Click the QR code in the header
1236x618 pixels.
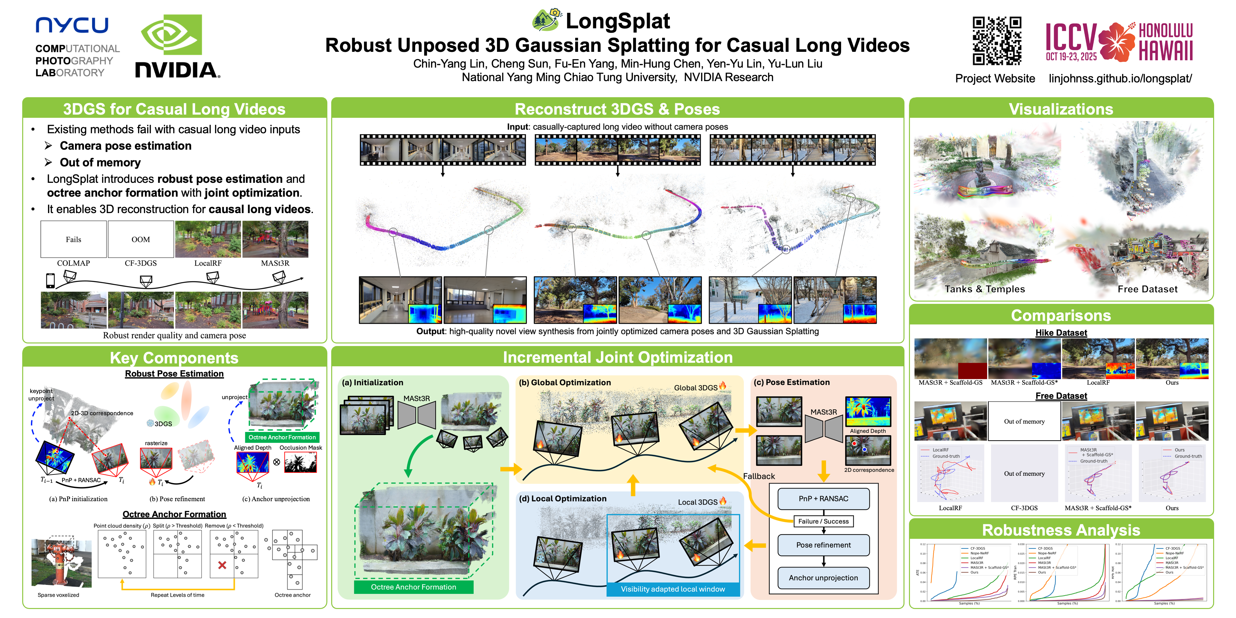(997, 41)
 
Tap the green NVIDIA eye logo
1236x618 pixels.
(171, 34)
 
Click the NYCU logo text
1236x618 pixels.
(72, 25)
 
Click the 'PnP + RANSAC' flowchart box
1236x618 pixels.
(823, 499)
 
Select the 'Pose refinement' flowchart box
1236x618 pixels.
(823, 545)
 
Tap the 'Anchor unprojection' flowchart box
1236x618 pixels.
(823, 578)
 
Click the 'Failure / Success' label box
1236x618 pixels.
(823, 521)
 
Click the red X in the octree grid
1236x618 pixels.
(222, 565)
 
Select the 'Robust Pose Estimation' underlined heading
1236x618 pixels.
(174, 374)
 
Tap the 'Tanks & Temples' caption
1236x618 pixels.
(985, 289)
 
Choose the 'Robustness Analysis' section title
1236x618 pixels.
(1061, 530)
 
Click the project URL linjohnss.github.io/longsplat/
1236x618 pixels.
(1120, 79)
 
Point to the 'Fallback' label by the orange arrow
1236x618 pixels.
(759, 476)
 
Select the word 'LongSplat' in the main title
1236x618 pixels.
(618, 21)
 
